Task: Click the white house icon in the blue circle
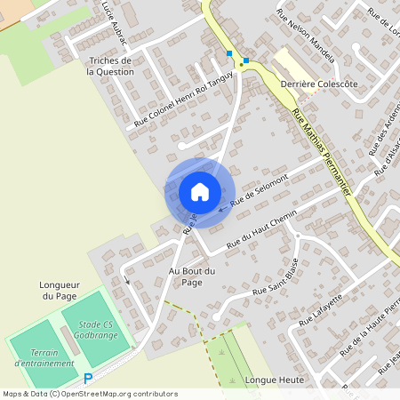(x=200, y=192)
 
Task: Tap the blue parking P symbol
(x=88, y=379)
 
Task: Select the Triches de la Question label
(x=110, y=67)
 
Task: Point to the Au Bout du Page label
(x=192, y=276)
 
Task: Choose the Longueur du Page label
(x=60, y=291)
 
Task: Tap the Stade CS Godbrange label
(x=95, y=331)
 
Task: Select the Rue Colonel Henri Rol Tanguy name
(x=183, y=100)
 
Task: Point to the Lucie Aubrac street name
(x=115, y=24)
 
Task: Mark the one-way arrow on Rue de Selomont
(x=222, y=211)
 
